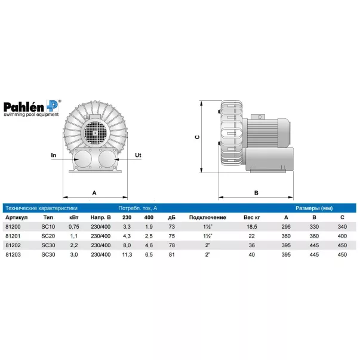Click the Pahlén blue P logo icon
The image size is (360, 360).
click(53, 106)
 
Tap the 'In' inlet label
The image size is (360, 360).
click(54, 155)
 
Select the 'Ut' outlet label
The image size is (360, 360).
click(138, 155)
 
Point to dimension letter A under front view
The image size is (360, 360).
click(94, 193)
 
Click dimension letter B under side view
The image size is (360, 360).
click(257, 193)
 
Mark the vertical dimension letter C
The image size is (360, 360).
click(197, 137)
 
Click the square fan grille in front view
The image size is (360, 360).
click(94, 133)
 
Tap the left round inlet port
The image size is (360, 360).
click(83, 159)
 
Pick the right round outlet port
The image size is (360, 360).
click(107, 159)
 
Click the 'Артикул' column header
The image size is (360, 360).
click(17, 217)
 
